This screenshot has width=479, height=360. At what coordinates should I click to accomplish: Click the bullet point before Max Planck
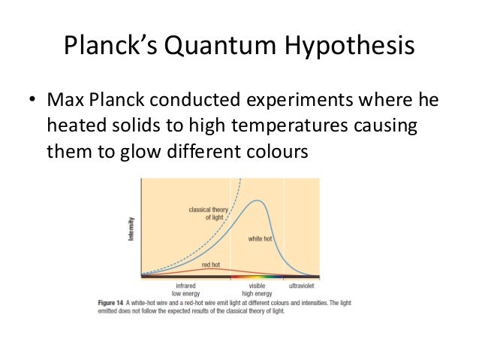pos(32,100)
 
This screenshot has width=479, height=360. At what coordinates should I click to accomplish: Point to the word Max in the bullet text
pos(65,100)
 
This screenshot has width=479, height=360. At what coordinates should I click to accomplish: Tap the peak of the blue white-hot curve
pos(258,201)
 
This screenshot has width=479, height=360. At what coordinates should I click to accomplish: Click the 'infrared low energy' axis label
pos(185,289)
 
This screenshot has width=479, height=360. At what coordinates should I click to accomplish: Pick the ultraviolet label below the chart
pos(301,286)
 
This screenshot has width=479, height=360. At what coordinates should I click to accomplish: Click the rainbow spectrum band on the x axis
pos(256,277)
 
